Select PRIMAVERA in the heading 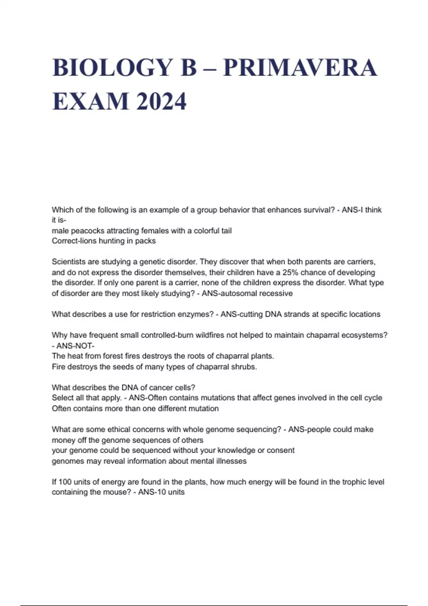[300, 68]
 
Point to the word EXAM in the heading [90, 102]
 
